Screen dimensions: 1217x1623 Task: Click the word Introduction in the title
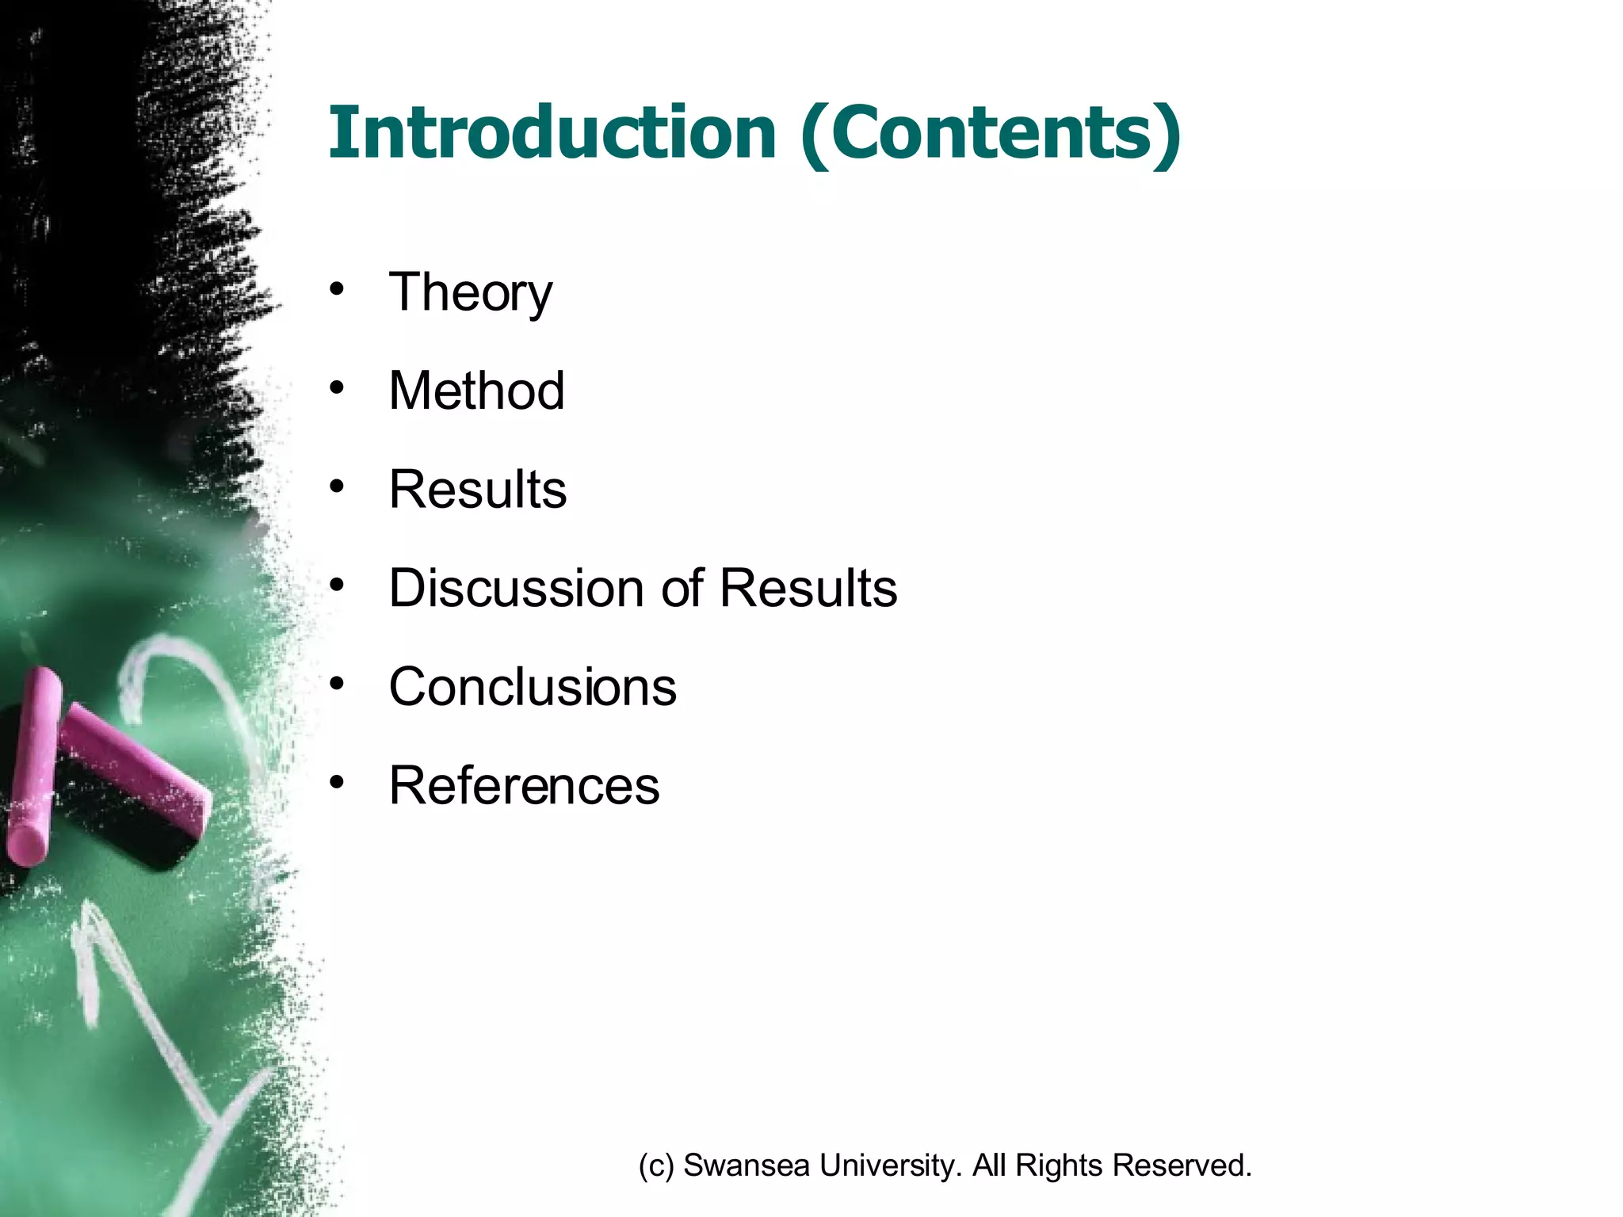[x=552, y=133]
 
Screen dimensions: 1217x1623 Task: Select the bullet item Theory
[x=471, y=293]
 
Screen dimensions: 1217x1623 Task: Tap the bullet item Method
[x=476, y=391]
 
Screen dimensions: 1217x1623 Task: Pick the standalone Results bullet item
[x=478, y=489]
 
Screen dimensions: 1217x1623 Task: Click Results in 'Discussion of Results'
[x=808, y=588]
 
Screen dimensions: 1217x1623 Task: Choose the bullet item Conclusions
[x=533, y=686]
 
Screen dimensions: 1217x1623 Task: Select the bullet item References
[x=524, y=785]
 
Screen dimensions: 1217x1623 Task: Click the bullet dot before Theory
[x=338, y=289]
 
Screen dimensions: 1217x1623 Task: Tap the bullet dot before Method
[x=338, y=387]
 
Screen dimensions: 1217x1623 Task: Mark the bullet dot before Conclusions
[x=338, y=683]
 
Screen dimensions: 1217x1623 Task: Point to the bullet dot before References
[x=338, y=782]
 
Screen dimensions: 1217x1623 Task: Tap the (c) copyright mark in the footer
[x=656, y=1165]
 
